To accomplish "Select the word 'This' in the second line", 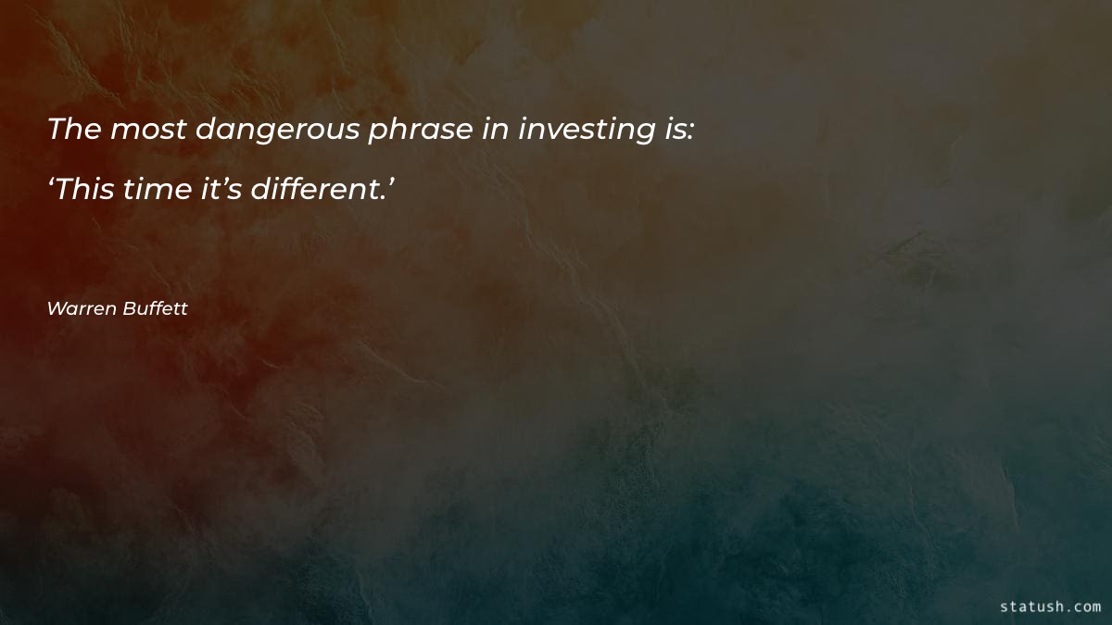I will [x=89, y=191].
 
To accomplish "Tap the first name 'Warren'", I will [x=82, y=308].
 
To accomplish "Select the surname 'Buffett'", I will [x=155, y=308].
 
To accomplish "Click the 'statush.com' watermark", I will [x=1050, y=606].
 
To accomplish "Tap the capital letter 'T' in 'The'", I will [x=56, y=130].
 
